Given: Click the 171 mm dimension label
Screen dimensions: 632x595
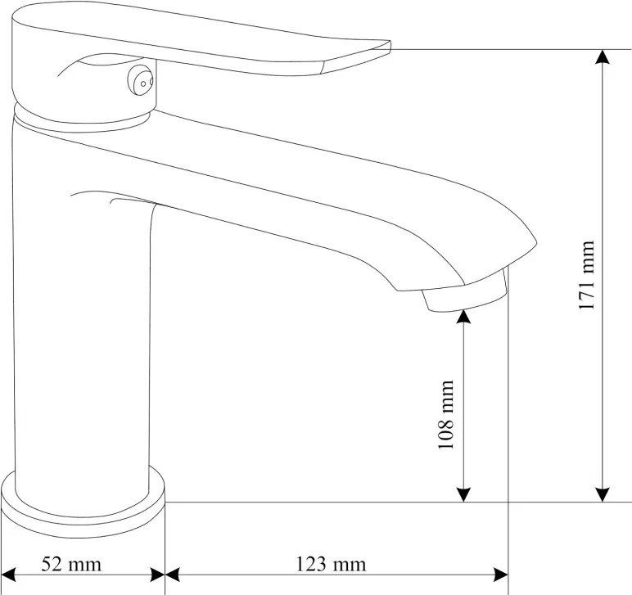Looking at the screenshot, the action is click(x=587, y=275).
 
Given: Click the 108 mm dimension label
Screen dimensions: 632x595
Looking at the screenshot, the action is click(x=446, y=414).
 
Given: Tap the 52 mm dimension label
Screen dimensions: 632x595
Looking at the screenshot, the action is click(x=71, y=564).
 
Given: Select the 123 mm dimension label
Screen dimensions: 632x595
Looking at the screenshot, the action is click(x=332, y=564).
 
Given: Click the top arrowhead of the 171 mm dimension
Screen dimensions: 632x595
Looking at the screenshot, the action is click(x=603, y=56).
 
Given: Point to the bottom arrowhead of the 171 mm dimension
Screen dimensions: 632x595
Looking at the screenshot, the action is click(x=603, y=495).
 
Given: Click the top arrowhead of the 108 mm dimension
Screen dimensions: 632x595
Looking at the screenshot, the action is click(x=464, y=317).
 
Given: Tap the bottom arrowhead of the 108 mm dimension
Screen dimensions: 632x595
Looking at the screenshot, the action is click(x=464, y=495).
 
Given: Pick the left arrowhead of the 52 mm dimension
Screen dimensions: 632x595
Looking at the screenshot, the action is click(x=8, y=575).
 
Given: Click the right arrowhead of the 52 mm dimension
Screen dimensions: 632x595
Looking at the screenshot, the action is click(x=158, y=575).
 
